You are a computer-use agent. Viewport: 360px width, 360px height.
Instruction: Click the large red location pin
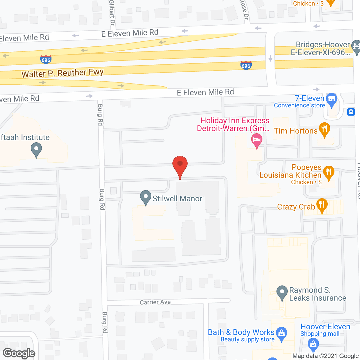tap(180, 165)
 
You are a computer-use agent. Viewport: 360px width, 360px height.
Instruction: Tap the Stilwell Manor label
tap(177, 199)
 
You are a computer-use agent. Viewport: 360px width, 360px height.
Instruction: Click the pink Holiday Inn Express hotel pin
tap(256, 140)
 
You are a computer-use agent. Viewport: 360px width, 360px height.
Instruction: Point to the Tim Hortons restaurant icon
tap(324, 129)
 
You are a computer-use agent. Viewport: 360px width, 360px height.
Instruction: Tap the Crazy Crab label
tap(296, 207)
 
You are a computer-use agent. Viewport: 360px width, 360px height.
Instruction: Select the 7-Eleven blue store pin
tap(332, 100)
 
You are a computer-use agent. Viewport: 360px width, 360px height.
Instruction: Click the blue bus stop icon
tap(351, 112)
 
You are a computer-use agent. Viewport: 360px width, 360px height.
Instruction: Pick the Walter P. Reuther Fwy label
tap(62, 73)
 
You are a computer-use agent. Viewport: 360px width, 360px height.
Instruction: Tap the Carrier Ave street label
tap(155, 302)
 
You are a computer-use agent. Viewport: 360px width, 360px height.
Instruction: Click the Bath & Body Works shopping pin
tap(282, 334)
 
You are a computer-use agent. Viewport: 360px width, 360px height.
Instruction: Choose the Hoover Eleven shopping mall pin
tap(313, 344)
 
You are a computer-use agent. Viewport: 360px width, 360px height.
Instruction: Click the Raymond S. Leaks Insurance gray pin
tap(282, 292)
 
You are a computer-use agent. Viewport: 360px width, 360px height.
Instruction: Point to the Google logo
tap(19, 353)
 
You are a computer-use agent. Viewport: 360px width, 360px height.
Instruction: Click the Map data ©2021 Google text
tap(326, 356)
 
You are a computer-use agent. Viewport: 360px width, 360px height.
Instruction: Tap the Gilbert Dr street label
tap(112, 13)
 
